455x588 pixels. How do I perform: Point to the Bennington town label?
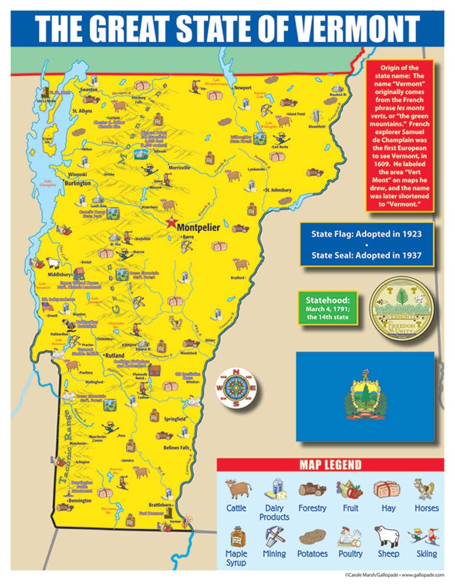(79, 500)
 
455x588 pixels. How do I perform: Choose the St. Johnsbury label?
(278, 191)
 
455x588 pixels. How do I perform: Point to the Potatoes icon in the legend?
(311, 537)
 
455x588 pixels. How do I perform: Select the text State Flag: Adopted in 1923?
(366, 233)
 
